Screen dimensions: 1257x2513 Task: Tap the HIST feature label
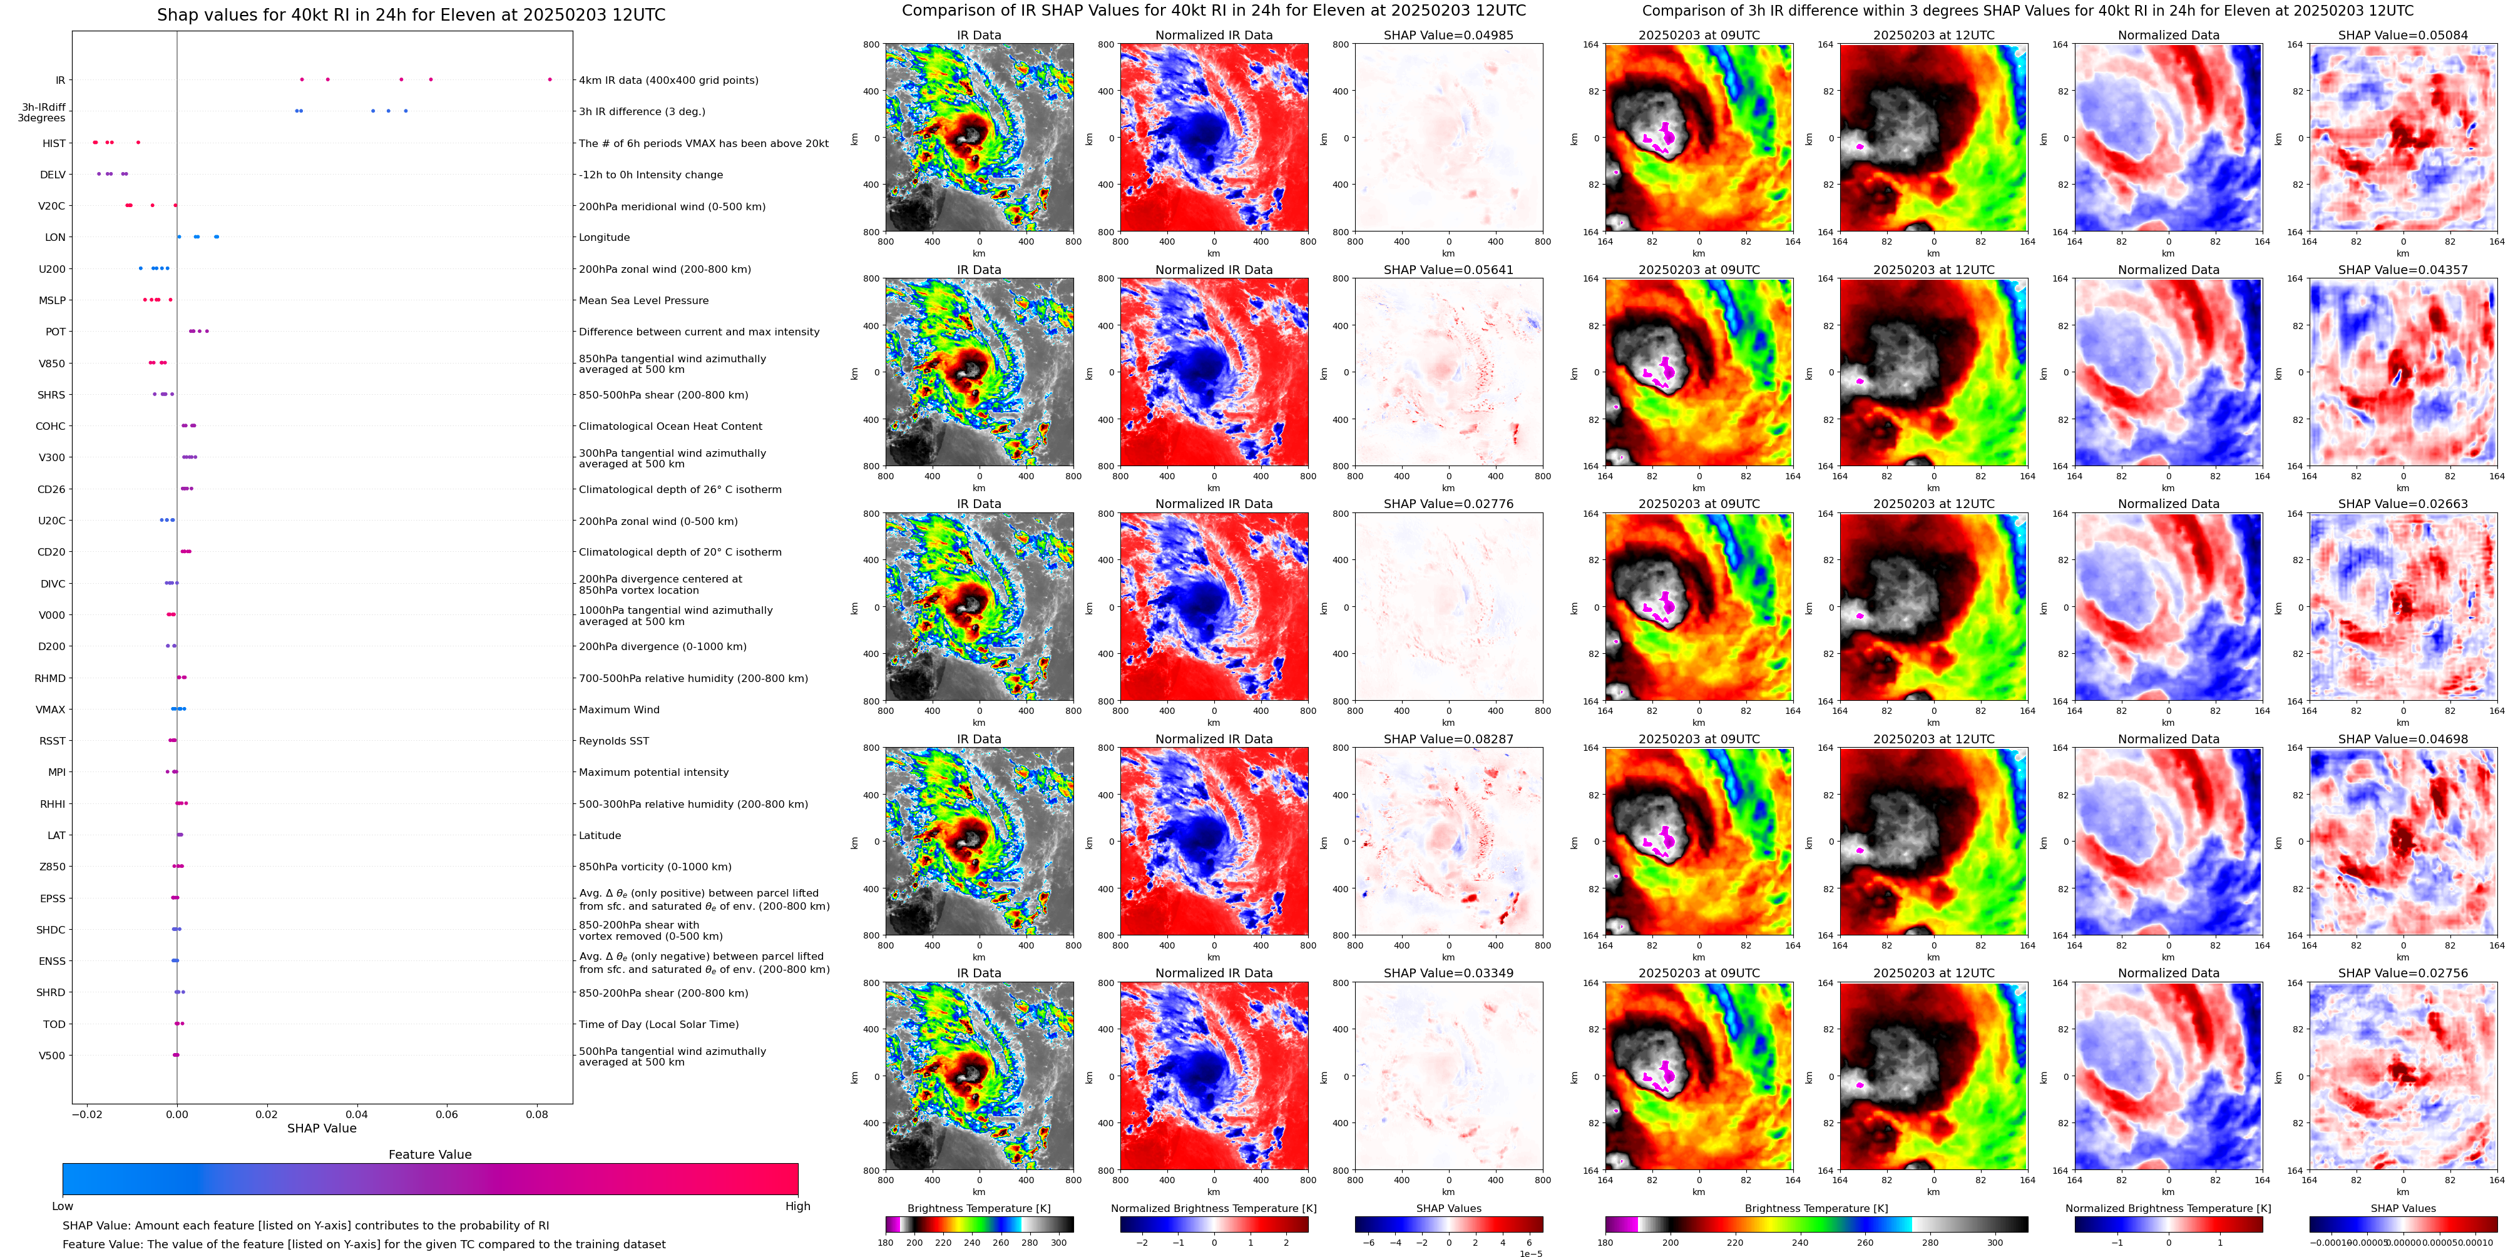[x=54, y=143]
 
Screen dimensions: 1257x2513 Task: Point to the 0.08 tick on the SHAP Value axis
[x=536, y=1114]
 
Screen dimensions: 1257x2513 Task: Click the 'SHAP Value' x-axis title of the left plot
[x=321, y=1128]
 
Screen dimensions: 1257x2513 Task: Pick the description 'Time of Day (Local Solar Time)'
[x=658, y=1024]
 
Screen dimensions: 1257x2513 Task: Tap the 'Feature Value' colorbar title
[x=429, y=1154]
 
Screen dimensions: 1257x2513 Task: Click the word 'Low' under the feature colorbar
[x=63, y=1206]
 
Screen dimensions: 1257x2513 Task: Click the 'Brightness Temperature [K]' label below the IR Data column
[x=978, y=1208]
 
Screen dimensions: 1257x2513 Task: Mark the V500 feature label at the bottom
[x=52, y=1055]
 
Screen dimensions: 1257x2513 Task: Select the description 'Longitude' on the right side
[x=604, y=237]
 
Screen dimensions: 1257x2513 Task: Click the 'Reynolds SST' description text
[x=613, y=741]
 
